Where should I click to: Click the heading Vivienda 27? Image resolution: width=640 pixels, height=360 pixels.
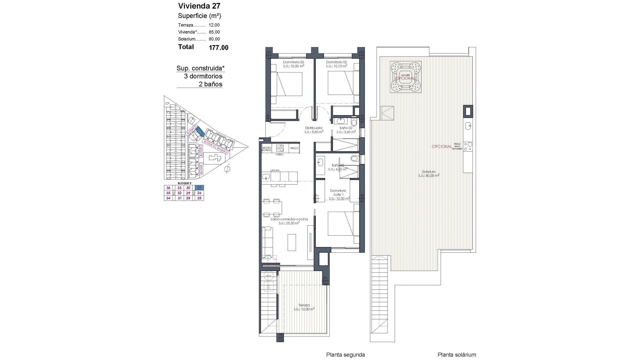coord(199,6)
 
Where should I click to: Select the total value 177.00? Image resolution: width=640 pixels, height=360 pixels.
coord(218,48)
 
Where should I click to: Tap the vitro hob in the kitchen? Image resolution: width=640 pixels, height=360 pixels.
coord(279,148)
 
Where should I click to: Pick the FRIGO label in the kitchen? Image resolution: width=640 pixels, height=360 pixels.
coord(294,148)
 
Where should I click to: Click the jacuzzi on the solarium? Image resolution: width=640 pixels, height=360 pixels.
coord(405,77)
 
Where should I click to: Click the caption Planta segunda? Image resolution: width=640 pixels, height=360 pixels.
coord(345,355)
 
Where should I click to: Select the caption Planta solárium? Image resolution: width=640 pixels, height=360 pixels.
coord(457,355)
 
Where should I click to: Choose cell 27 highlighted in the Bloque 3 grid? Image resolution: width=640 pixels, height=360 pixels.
coord(199,188)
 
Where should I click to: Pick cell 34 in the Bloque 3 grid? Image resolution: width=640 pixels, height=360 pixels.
coord(168,198)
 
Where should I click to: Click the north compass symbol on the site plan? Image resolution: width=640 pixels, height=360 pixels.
coord(228,169)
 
